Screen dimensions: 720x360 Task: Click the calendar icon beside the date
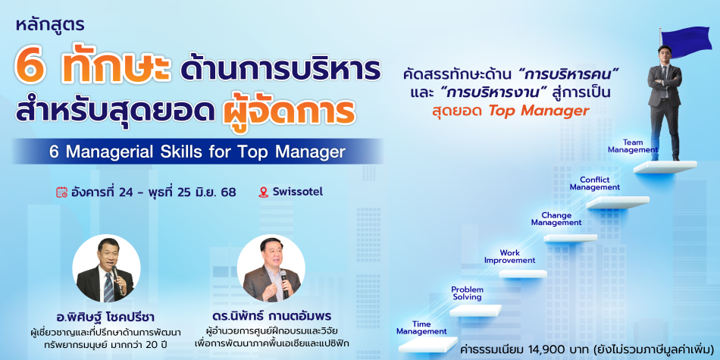pyautogui.click(x=61, y=192)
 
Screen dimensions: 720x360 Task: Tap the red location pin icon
pyautogui.click(x=263, y=192)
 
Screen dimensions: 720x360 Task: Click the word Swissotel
pyautogui.click(x=298, y=192)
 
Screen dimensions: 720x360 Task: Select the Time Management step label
pyautogui.click(x=421, y=328)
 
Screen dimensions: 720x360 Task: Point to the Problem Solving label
pyautogui.click(x=467, y=293)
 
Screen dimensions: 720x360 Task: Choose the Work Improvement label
pyautogui.click(x=510, y=257)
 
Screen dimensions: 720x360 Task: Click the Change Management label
pyautogui.click(x=556, y=219)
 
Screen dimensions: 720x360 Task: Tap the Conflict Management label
pyautogui.click(x=595, y=183)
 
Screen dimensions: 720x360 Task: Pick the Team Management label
pyautogui.click(x=633, y=146)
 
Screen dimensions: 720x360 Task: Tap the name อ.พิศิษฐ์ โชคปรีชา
pyautogui.click(x=106, y=317)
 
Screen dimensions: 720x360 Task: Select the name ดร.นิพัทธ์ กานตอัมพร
pyautogui.click(x=272, y=317)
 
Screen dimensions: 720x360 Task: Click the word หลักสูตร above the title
pyautogui.click(x=51, y=25)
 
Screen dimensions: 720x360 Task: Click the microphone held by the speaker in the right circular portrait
pyautogui.click(x=284, y=283)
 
